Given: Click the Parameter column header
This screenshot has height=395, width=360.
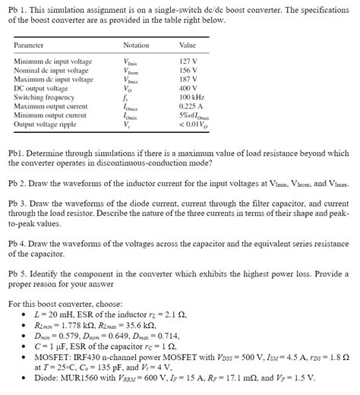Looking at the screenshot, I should pyautogui.click(x=30, y=46).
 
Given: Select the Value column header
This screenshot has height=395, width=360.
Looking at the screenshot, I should pyautogui.click(x=187, y=46).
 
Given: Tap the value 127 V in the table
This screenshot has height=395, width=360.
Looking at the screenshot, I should pyautogui.click(x=188, y=62).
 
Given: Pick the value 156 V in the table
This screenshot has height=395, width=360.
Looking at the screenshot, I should pyautogui.click(x=188, y=71).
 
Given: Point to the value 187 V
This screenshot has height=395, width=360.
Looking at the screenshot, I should pyautogui.click(x=188, y=80).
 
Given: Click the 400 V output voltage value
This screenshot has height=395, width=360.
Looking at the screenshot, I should pyautogui.click(x=188, y=89).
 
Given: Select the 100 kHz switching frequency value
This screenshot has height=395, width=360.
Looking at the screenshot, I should pyautogui.click(x=191, y=98).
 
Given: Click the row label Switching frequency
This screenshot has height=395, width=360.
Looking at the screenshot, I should pyautogui.click(x=44, y=98).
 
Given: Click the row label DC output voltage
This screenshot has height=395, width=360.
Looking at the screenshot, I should pyautogui.click(x=41, y=89).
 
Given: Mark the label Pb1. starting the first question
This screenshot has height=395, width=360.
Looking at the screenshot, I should pyautogui.click(x=16, y=153).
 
